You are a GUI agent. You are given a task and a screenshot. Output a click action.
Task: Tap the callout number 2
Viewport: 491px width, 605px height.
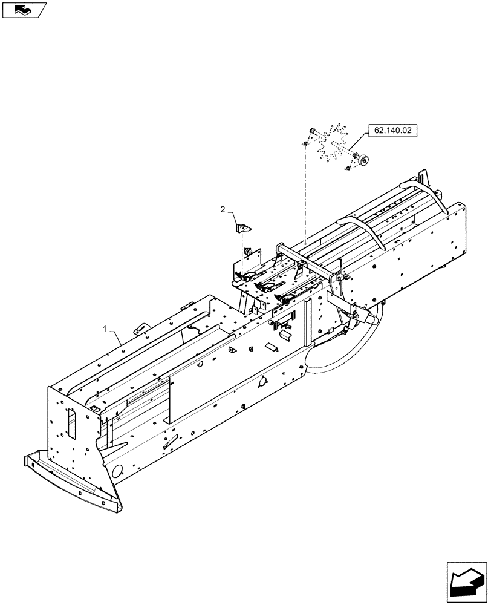pyautogui.click(x=223, y=209)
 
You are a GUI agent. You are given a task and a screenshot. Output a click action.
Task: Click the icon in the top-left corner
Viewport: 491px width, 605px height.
pyautogui.click(x=24, y=9)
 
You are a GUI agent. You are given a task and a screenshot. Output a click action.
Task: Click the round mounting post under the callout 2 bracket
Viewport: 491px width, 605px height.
pyautogui.click(x=247, y=250)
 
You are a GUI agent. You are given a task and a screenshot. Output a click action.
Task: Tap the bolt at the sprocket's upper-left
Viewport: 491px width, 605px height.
pyautogui.click(x=311, y=132)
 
